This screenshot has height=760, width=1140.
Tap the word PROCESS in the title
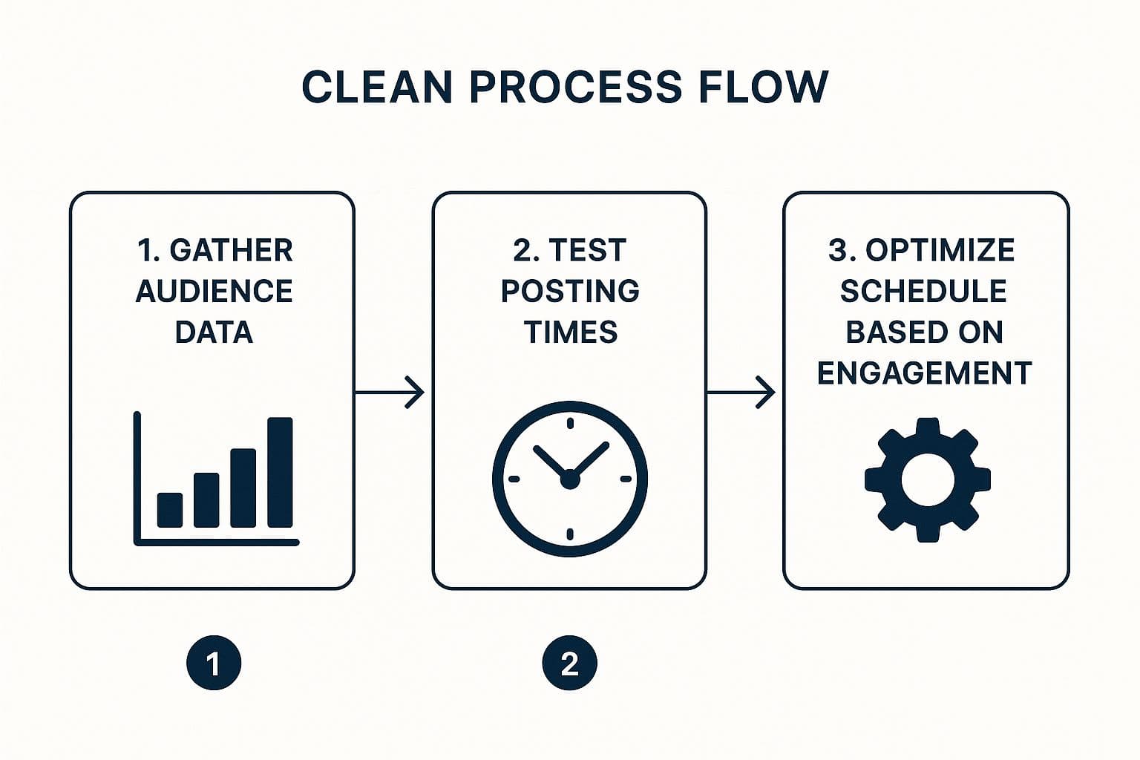[575, 87]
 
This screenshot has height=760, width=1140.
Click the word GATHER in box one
[231, 251]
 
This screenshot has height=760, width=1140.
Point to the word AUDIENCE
[214, 291]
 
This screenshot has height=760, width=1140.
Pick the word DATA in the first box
[214, 332]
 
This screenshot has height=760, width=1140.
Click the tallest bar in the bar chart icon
[280, 472]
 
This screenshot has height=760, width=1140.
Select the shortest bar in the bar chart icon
[170, 510]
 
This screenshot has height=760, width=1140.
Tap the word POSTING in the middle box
[570, 291]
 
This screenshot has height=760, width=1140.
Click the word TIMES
[570, 332]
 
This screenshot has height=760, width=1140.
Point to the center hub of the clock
[569, 479]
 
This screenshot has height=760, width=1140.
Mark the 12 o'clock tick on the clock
[569, 425]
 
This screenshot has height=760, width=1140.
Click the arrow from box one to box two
[390, 392]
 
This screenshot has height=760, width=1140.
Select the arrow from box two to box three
[741, 392]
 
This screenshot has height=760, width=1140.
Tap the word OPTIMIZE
[940, 251]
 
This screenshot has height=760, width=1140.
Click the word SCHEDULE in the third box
[923, 291]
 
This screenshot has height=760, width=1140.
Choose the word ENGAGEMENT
[924, 373]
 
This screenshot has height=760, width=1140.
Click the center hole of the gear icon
[927, 479]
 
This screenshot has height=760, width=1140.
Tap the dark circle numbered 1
[214, 663]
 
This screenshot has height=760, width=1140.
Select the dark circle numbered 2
[569, 663]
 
